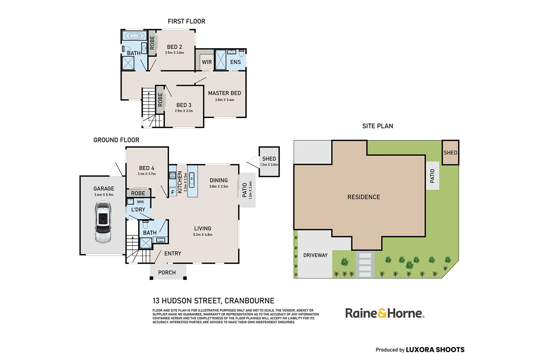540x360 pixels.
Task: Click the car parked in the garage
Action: [x=103, y=222]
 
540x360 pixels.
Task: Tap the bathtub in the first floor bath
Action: [x=134, y=36]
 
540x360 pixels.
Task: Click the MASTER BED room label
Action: [x=224, y=93]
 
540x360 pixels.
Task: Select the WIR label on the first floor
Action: [x=207, y=62]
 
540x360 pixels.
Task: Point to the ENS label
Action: [x=235, y=62]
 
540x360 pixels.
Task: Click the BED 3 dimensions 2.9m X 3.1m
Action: [x=184, y=111]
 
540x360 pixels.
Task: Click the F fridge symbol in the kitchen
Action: [x=173, y=192]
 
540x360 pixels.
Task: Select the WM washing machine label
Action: [x=140, y=202]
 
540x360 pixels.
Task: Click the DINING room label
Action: [x=219, y=180]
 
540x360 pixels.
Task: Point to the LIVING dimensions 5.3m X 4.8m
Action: [x=203, y=235]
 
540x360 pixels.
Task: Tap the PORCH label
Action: [x=167, y=273]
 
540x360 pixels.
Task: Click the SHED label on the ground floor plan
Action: [x=269, y=159]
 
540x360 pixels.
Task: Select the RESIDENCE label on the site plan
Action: [x=364, y=197]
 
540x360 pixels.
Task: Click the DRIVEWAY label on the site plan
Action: [x=315, y=255]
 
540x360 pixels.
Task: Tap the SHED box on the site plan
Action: [x=450, y=153]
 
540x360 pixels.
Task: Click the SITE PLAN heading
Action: [x=378, y=126]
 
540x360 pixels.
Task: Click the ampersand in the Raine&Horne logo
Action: [x=382, y=313]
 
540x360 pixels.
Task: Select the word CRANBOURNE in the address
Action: [x=249, y=301]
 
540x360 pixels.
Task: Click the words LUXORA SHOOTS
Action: [x=435, y=350]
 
